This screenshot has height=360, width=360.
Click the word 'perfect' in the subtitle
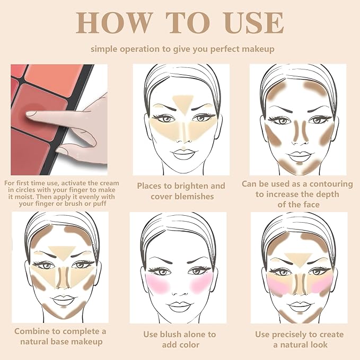(x=214, y=49)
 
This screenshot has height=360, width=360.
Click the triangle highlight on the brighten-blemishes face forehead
(x=181, y=101)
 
